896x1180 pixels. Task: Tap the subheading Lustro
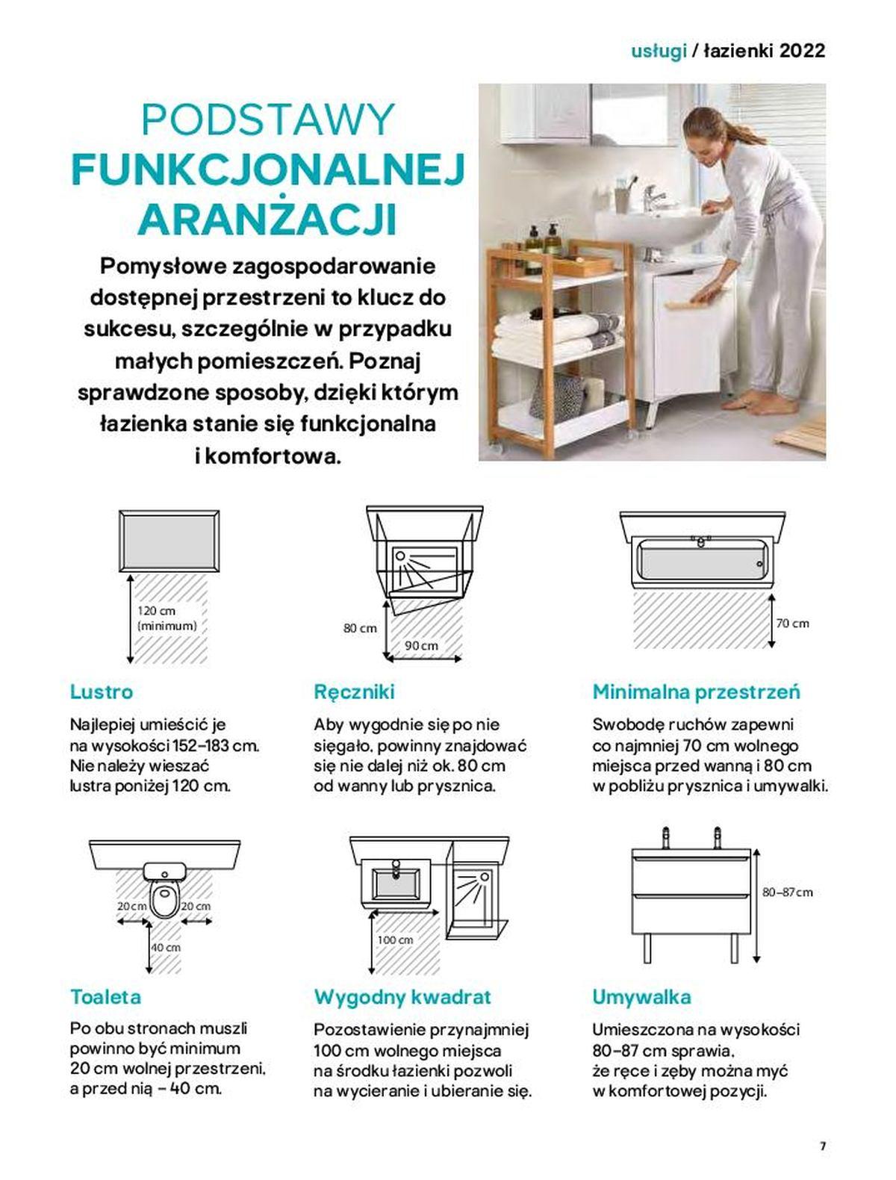point(102,692)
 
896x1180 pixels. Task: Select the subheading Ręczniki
point(354,692)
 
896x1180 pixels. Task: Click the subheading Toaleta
point(105,997)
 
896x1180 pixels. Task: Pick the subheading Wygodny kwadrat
point(402,997)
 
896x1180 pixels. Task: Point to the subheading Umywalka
point(641,997)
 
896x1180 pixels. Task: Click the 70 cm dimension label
point(793,623)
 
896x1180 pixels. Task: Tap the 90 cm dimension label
point(422,645)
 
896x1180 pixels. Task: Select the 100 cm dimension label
point(395,940)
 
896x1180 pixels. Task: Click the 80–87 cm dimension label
point(787,892)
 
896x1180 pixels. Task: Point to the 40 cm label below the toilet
point(166,947)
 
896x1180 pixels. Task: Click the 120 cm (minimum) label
point(167,618)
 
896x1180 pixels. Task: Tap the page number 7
point(823,1146)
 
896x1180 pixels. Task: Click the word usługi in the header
point(659,51)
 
